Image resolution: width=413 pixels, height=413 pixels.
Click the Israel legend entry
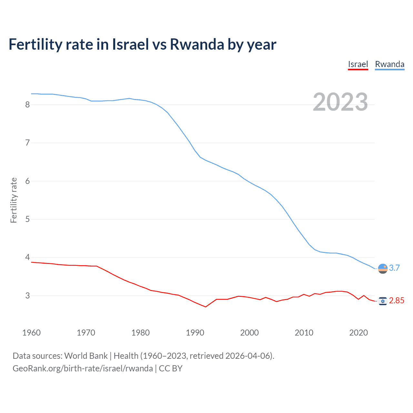[x=358, y=65]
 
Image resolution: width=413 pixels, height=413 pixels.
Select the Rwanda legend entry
[x=389, y=65]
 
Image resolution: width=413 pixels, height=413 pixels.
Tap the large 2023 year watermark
[x=340, y=102]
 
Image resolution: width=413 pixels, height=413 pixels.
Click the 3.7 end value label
[x=394, y=268]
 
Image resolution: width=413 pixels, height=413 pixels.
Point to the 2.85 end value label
[x=397, y=301]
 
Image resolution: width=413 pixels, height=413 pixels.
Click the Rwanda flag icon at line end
[x=383, y=268]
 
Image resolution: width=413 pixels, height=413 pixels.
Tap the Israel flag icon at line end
[x=383, y=301]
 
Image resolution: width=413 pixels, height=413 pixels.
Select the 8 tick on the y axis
[x=27, y=105]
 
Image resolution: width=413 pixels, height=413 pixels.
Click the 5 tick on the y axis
[x=27, y=219]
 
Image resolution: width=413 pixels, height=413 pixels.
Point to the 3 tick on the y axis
[x=27, y=296]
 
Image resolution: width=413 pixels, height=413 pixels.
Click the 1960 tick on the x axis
[x=31, y=333]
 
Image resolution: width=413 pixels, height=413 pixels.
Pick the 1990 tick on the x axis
[x=195, y=333]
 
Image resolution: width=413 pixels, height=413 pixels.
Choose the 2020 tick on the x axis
[x=358, y=333]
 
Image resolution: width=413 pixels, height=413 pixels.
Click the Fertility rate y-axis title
[x=14, y=200]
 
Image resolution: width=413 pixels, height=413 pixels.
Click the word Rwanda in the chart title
[x=197, y=45]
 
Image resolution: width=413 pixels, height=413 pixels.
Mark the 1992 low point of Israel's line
[x=206, y=307]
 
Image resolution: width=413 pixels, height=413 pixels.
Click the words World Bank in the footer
[x=86, y=356]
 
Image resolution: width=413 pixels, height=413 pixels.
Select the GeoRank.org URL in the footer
[x=83, y=368]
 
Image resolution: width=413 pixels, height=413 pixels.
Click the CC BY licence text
[x=171, y=368]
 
